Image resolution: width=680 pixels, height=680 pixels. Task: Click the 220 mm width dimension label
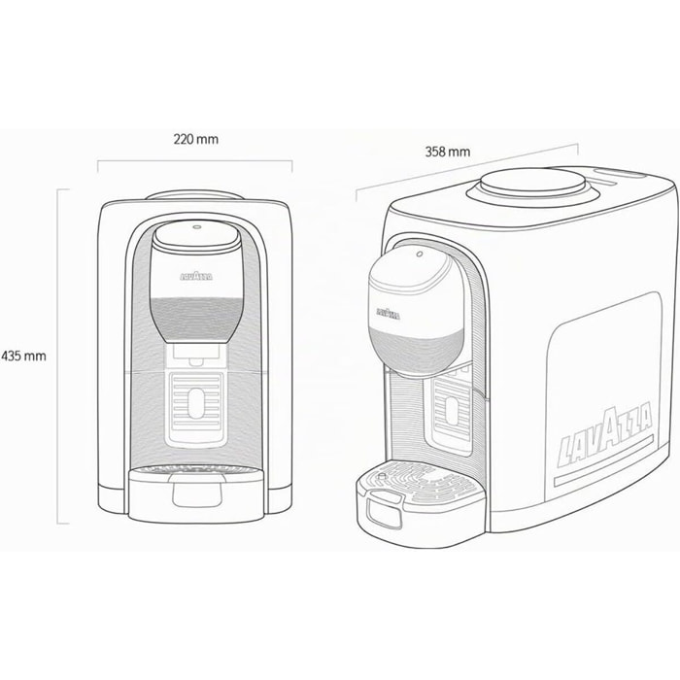click(196, 139)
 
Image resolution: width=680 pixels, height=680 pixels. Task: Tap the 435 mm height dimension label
click(24, 357)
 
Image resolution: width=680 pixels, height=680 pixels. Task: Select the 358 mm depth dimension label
click(448, 152)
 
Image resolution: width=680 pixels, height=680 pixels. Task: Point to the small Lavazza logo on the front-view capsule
click(196, 276)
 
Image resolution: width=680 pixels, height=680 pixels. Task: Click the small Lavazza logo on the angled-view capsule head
click(389, 313)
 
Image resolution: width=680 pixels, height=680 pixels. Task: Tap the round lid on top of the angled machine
click(534, 182)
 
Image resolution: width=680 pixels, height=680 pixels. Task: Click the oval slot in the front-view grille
click(196, 403)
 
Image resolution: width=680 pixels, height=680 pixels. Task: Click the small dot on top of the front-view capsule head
click(196, 226)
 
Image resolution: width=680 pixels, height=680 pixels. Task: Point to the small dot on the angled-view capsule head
click(420, 254)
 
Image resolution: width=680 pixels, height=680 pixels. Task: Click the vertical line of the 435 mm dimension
click(57, 357)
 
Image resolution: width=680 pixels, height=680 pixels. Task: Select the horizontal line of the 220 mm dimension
click(194, 161)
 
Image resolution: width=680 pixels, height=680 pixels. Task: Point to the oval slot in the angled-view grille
click(452, 410)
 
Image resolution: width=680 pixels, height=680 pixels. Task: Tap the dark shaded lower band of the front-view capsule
click(197, 320)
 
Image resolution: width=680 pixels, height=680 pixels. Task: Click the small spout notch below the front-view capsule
click(196, 361)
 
